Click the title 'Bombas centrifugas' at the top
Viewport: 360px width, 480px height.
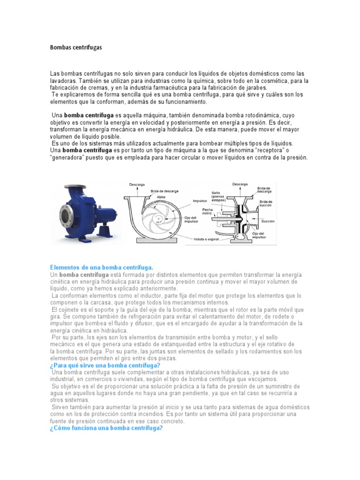coord(75,47)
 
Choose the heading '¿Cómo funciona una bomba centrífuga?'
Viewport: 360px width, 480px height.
coord(105,428)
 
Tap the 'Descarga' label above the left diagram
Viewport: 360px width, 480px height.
coord(137,184)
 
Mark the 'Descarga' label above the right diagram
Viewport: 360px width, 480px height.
coord(240,184)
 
